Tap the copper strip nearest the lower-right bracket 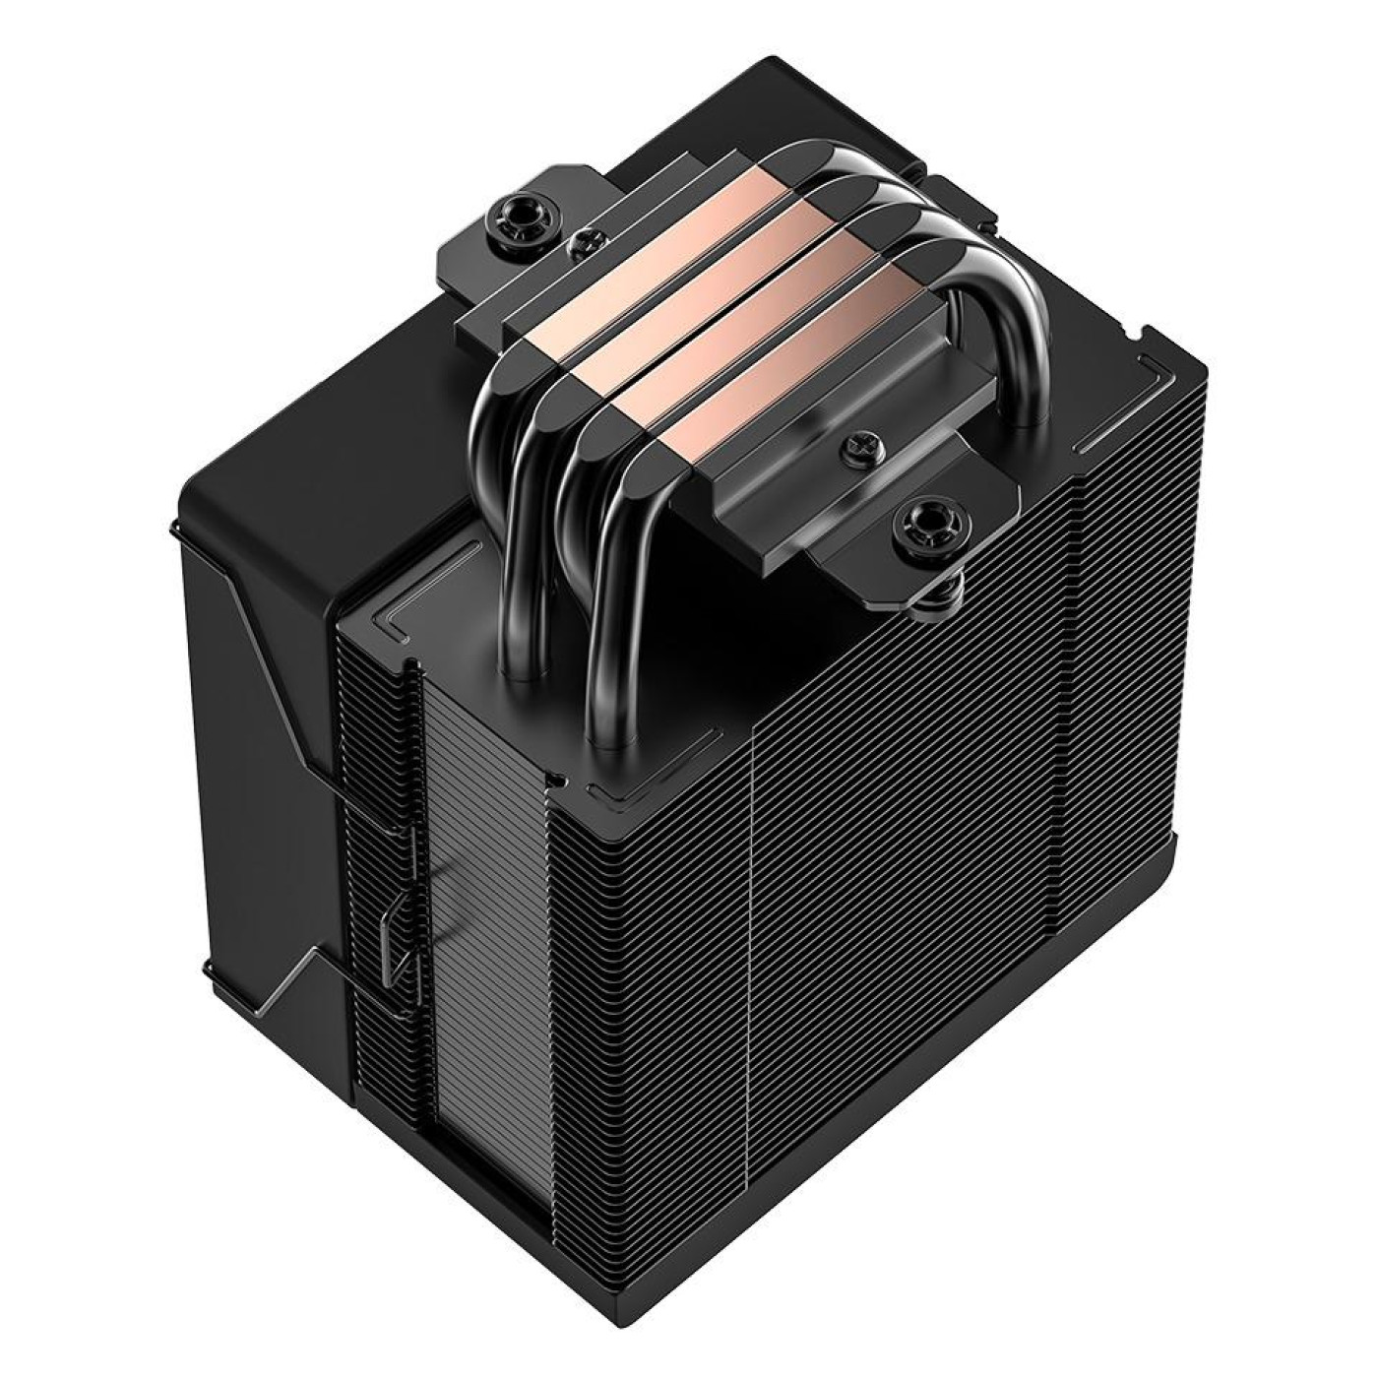[745, 413]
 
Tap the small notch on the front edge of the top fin [562, 783]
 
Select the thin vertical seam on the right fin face [753, 984]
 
